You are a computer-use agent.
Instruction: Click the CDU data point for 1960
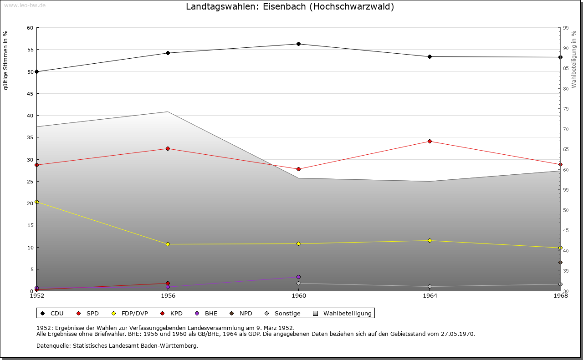point(298,44)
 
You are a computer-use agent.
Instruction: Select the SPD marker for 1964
point(430,141)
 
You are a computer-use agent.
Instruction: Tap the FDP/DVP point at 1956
point(168,244)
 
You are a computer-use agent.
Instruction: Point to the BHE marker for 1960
point(298,277)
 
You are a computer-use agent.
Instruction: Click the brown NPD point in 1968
point(560,262)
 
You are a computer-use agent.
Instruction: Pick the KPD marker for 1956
point(168,284)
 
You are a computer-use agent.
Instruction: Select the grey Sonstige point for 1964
point(430,287)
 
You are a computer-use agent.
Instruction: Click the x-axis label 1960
point(299,296)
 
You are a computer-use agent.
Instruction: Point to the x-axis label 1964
point(430,296)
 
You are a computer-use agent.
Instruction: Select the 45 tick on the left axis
point(30,94)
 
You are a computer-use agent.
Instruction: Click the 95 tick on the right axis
point(566,28)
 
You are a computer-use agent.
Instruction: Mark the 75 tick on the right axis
point(566,109)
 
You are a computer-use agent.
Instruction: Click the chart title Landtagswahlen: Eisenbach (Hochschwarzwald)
point(290,7)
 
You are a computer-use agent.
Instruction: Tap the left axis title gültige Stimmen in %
point(6,60)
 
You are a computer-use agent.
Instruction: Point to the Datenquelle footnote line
point(117,345)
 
